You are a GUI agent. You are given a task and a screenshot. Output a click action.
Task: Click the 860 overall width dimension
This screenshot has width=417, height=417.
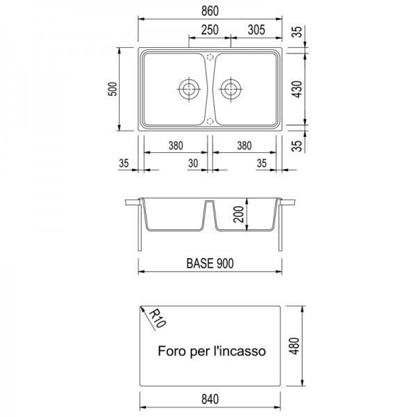[210, 11]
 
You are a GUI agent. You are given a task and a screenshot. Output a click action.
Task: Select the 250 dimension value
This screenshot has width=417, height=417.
[210, 30]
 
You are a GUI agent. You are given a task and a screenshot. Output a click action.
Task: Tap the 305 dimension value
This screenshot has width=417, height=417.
[256, 30]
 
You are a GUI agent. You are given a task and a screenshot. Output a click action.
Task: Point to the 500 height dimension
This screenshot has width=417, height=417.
[113, 89]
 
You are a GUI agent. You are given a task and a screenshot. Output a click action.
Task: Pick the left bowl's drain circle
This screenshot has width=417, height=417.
[189, 89]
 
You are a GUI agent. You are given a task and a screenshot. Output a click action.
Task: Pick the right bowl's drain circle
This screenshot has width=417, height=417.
[231, 89]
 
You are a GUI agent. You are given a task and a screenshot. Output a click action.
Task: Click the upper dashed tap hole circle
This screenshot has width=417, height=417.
[210, 57]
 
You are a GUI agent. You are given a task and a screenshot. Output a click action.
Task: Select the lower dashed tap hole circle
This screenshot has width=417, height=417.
[210, 122]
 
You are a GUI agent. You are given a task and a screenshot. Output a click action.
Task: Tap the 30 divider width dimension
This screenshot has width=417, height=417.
[193, 163]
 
